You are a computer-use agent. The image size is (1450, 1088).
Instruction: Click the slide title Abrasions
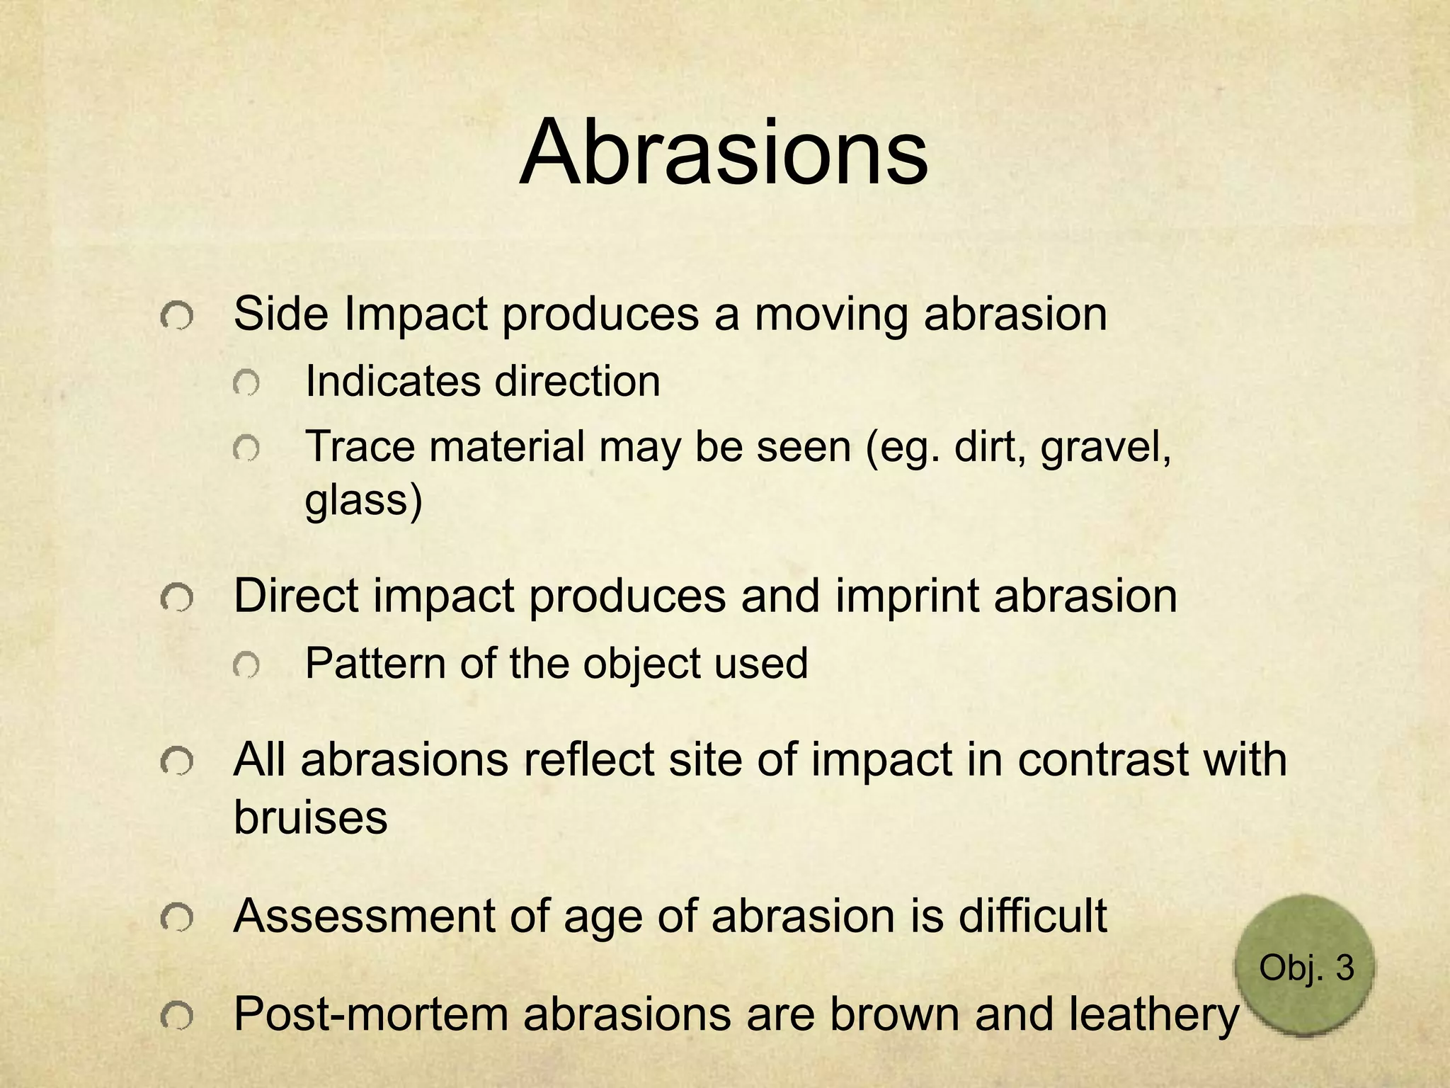[x=723, y=153]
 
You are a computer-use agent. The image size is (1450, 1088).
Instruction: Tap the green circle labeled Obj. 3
[x=1305, y=966]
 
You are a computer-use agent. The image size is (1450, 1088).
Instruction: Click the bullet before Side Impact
[x=176, y=316]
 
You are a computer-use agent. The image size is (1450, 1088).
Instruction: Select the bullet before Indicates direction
[x=246, y=384]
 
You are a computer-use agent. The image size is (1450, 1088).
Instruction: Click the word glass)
[x=363, y=500]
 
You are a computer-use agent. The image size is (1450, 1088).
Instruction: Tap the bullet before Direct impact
[x=176, y=599]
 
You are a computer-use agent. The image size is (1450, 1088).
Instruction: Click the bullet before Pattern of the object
[x=246, y=666]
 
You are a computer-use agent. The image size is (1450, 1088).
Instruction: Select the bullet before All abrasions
[x=176, y=763]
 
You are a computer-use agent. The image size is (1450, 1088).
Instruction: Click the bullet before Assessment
[x=176, y=919]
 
